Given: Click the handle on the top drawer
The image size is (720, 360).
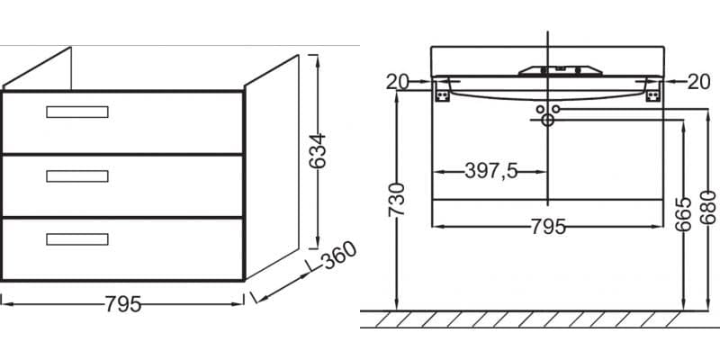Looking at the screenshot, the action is pos(77,112).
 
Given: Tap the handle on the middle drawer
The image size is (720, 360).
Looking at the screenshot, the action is pos(77,175).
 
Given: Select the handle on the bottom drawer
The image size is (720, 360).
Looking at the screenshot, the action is pos(77,239).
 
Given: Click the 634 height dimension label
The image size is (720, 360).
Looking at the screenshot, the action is pos(317,150).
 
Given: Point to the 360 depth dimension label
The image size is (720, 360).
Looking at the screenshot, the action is pos(339,256).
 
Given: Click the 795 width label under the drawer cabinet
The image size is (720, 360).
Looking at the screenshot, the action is pos(123,304).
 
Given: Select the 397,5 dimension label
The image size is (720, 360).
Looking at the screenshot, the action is pos(490,172).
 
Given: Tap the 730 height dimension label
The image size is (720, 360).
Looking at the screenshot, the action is pos(397,199).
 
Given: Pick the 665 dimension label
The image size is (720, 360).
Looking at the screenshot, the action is pos(683,214).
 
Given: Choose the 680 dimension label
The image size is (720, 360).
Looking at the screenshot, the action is pos(707,207).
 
